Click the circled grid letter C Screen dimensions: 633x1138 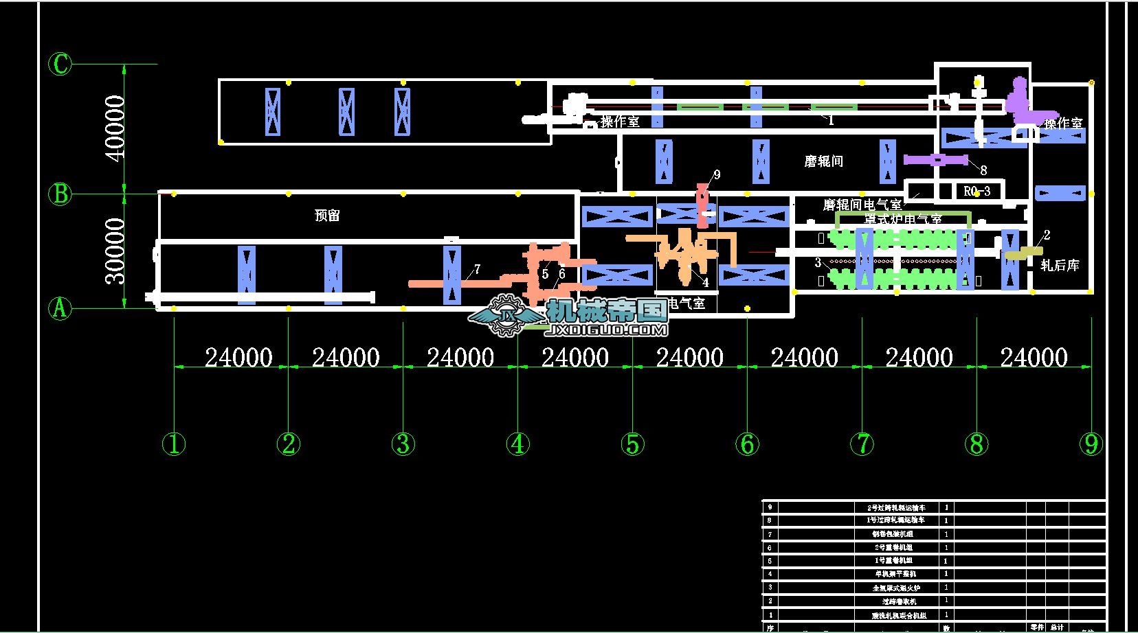(x=60, y=65)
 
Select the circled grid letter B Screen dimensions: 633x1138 (x=60, y=194)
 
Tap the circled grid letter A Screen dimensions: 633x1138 (x=60, y=308)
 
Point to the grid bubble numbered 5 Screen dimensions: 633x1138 (x=633, y=444)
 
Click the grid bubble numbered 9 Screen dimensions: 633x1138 (x=1091, y=444)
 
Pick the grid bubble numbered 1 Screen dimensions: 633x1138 (x=174, y=444)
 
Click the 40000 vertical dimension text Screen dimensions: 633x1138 (x=115, y=128)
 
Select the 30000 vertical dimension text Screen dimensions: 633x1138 (x=115, y=251)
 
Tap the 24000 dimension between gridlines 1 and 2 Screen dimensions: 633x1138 (x=238, y=358)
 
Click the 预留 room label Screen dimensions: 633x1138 (x=327, y=216)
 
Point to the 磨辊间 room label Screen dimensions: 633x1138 (x=823, y=161)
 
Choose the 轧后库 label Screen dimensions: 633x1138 (x=1060, y=265)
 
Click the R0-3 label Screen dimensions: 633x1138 (x=977, y=191)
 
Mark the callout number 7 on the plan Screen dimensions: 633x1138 (x=477, y=269)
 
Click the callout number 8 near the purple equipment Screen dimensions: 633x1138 (x=983, y=170)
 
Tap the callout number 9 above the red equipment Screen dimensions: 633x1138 (x=717, y=175)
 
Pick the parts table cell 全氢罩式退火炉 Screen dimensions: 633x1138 (x=895, y=588)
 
